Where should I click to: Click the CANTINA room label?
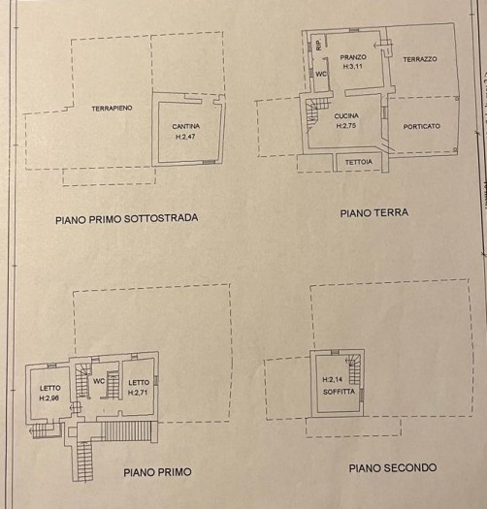[x=186, y=126]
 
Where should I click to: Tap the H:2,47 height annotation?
[x=185, y=137]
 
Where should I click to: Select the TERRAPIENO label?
[x=112, y=108]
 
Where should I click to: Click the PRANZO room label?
[x=353, y=57]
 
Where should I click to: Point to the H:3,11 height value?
[x=352, y=66]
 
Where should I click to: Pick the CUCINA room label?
[x=346, y=116]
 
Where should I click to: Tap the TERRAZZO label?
[x=420, y=59]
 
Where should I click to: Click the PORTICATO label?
[x=422, y=126]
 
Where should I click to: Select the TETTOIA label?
[x=359, y=162]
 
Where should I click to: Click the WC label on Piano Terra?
[x=321, y=74]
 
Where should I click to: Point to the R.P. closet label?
[x=319, y=45]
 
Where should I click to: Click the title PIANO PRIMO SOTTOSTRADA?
[x=127, y=219]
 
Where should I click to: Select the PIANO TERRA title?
[x=374, y=213]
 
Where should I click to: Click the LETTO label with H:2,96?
[x=50, y=388]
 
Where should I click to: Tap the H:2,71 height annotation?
[x=138, y=393]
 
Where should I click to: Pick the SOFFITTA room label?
[x=339, y=392]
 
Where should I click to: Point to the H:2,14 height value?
[x=333, y=379]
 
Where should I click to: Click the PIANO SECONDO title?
[x=393, y=467]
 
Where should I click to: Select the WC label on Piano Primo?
[x=99, y=380]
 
